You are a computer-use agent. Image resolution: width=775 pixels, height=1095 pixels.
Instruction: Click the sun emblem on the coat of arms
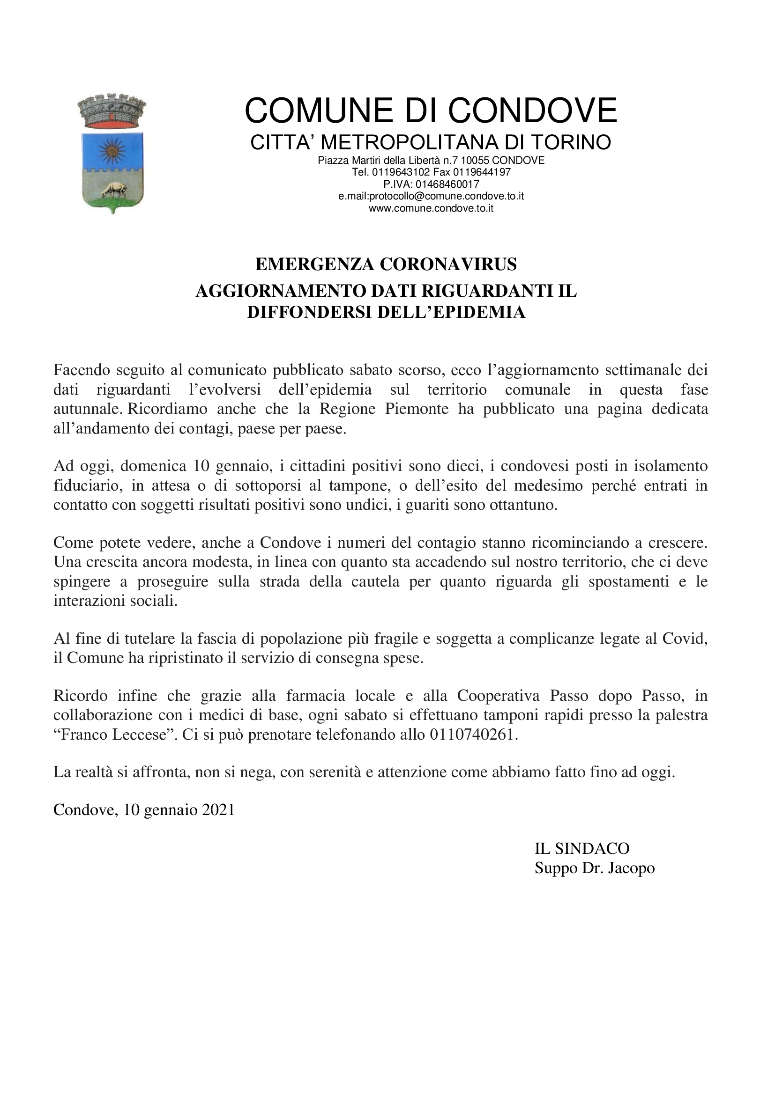pyautogui.click(x=112, y=151)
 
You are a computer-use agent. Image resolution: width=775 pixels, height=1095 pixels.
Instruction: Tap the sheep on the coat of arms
pyautogui.click(x=112, y=190)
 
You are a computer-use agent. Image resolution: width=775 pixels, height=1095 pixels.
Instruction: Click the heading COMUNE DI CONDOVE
pyautogui.click(x=431, y=110)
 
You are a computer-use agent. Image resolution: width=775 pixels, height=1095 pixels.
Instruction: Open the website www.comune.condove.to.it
pyautogui.click(x=431, y=208)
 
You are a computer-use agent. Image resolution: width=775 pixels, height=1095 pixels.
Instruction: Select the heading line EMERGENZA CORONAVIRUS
pyautogui.click(x=386, y=264)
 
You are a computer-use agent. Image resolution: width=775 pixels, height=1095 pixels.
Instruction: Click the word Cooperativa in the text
pyautogui.click(x=499, y=696)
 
